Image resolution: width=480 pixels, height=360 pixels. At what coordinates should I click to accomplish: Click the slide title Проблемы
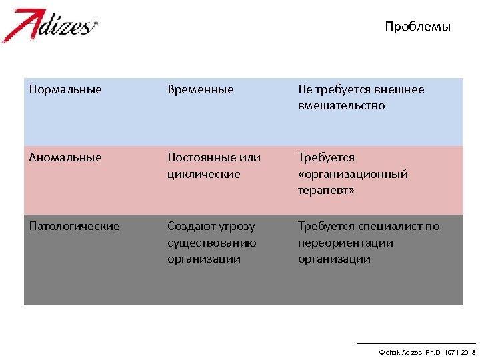click(x=417, y=27)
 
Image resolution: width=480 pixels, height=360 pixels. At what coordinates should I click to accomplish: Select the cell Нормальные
click(x=65, y=89)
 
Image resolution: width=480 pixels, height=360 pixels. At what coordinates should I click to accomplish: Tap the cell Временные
click(x=201, y=89)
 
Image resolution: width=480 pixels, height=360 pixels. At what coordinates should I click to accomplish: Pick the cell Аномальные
click(x=65, y=157)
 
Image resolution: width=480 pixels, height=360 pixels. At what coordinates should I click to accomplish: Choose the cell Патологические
click(x=74, y=226)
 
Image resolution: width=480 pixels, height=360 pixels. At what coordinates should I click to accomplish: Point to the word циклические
click(x=203, y=174)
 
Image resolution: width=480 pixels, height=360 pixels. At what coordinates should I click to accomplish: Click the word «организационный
click(x=353, y=174)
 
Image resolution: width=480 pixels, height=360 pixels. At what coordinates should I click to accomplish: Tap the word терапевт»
click(x=326, y=191)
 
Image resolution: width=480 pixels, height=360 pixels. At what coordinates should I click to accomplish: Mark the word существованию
click(x=211, y=243)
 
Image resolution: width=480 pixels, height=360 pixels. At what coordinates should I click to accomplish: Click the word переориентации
click(x=345, y=243)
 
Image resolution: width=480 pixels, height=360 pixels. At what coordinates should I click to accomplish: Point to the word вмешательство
click(x=341, y=106)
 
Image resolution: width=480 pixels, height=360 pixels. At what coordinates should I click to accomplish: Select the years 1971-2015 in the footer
click(x=459, y=351)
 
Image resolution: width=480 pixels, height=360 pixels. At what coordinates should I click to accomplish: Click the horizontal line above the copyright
click(x=417, y=343)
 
